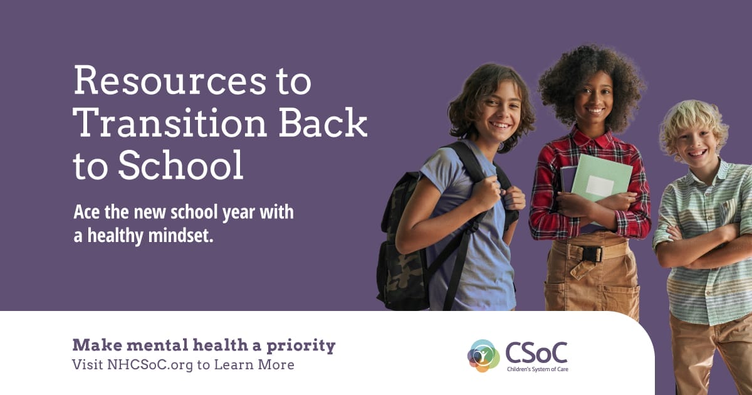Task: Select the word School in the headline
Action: tap(180, 165)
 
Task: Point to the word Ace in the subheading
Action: tap(86, 212)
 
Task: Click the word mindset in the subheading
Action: tap(180, 235)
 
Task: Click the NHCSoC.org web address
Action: tap(150, 365)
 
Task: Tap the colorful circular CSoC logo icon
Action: tap(483, 355)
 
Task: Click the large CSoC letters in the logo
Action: tap(536, 352)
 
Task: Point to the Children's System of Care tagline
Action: tap(538, 369)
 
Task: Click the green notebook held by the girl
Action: tap(600, 181)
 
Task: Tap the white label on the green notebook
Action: tap(600, 186)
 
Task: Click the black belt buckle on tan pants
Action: tap(592, 255)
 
